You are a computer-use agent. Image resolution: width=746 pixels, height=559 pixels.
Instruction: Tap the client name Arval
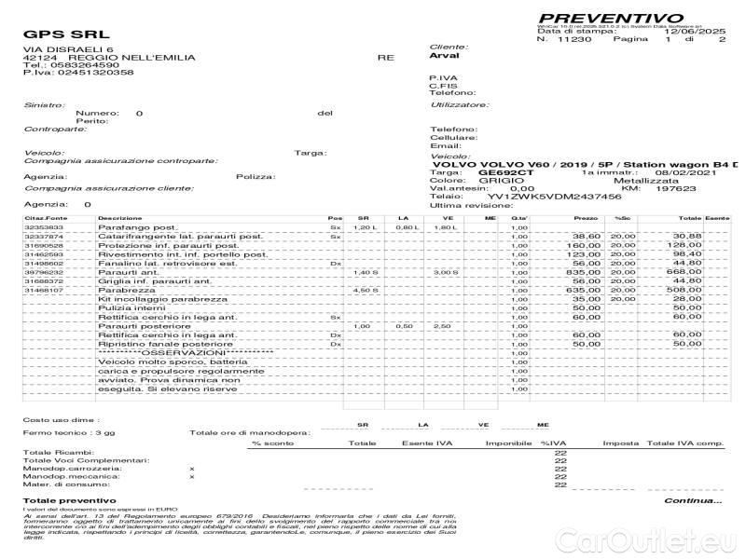pyautogui.click(x=444, y=56)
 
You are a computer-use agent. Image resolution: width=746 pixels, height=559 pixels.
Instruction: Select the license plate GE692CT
pyautogui.click(x=504, y=172)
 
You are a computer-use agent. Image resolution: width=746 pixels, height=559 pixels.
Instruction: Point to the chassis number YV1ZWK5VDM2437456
pyautogui.click(x=540, y=197)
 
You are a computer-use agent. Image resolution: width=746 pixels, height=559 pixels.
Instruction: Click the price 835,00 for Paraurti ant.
pyautogui.click(x=585, y=272)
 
